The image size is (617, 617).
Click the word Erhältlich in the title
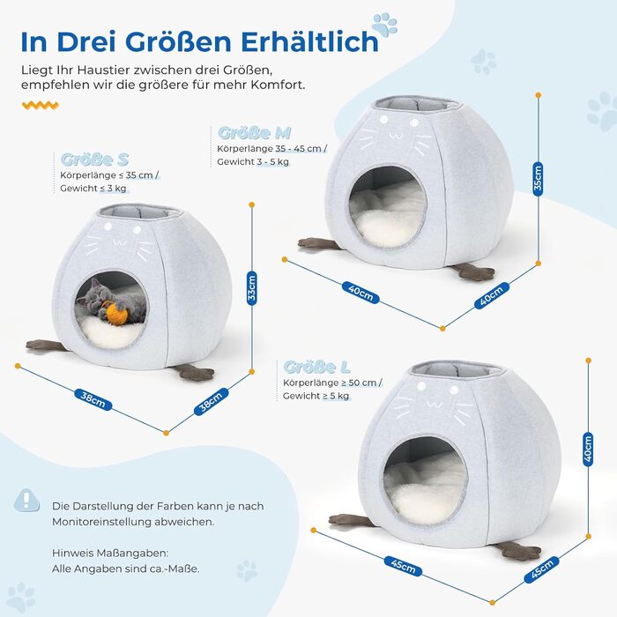[x=309, y=41]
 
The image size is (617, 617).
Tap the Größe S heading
[x=95, y=160]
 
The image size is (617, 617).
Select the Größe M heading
[x=254, y=133]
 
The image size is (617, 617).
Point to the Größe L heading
[x=316, y=368]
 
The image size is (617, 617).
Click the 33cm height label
[x=252, y=288]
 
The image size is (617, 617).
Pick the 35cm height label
[x=538, y=179]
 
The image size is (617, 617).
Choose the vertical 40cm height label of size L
[x=588, y=449]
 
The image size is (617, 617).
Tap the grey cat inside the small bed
[x=111, y=302]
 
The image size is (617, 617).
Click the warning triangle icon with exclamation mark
[x=26, y=501]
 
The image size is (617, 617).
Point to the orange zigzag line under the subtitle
[x=41, y=105]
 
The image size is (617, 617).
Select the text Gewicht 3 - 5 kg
[x=253, y=161]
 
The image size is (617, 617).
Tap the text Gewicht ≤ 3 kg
[x=93, y=189]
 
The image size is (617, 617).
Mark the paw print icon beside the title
[x=384, y=25]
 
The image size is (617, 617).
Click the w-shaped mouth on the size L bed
[x=435, y=404]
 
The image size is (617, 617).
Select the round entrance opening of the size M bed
[x=388, y=207]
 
